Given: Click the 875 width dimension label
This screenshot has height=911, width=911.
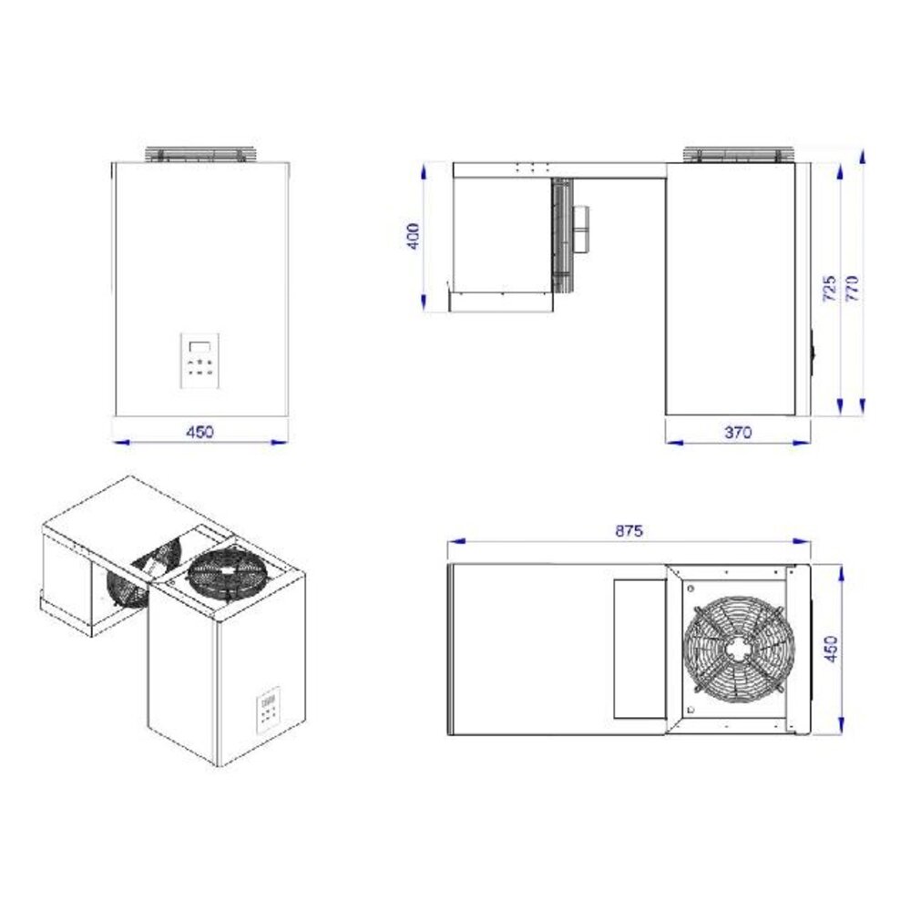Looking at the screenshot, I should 629,530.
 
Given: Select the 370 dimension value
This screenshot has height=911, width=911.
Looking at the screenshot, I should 737,433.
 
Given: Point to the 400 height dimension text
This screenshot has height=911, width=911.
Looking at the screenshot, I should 415,237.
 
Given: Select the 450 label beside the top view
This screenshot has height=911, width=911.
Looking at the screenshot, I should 830,649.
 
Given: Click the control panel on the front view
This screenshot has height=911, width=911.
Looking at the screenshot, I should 200,360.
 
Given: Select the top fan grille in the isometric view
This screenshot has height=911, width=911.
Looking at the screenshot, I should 228,572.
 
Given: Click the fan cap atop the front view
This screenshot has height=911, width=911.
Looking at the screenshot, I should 200,154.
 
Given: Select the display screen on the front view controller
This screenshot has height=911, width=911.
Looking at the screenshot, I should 200,344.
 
